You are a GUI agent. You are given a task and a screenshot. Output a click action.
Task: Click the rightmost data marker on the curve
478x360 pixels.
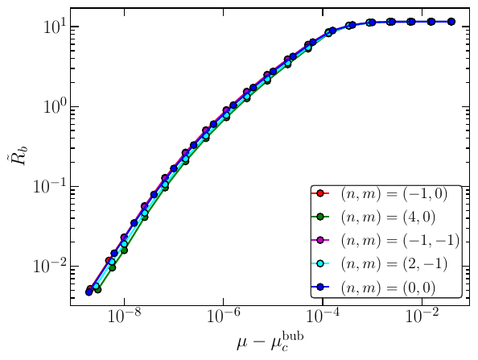[x=451, y=22]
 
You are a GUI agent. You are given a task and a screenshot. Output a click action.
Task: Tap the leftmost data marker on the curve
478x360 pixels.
[x=89, y=292]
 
